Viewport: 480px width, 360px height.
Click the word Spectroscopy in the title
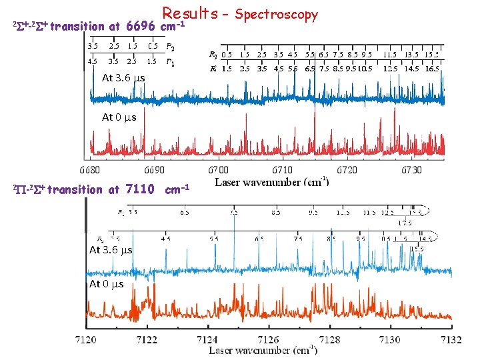click(277, 14)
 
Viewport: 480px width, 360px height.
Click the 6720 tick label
click(347, 170)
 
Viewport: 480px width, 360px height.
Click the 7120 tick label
click(86, 339)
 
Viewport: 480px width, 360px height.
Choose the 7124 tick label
click(207, 339)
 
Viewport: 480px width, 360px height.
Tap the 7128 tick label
click(329, 339)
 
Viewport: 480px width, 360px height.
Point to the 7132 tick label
click(451, 339)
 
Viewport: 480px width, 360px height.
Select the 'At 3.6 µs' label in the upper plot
click(123, 78)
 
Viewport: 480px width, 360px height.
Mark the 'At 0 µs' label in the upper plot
click(119, 117)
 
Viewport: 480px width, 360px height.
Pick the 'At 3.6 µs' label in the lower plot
click(111, 250)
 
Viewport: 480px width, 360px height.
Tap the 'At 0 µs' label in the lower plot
click(106, 285)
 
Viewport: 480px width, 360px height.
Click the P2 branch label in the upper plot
click(171, 47)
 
